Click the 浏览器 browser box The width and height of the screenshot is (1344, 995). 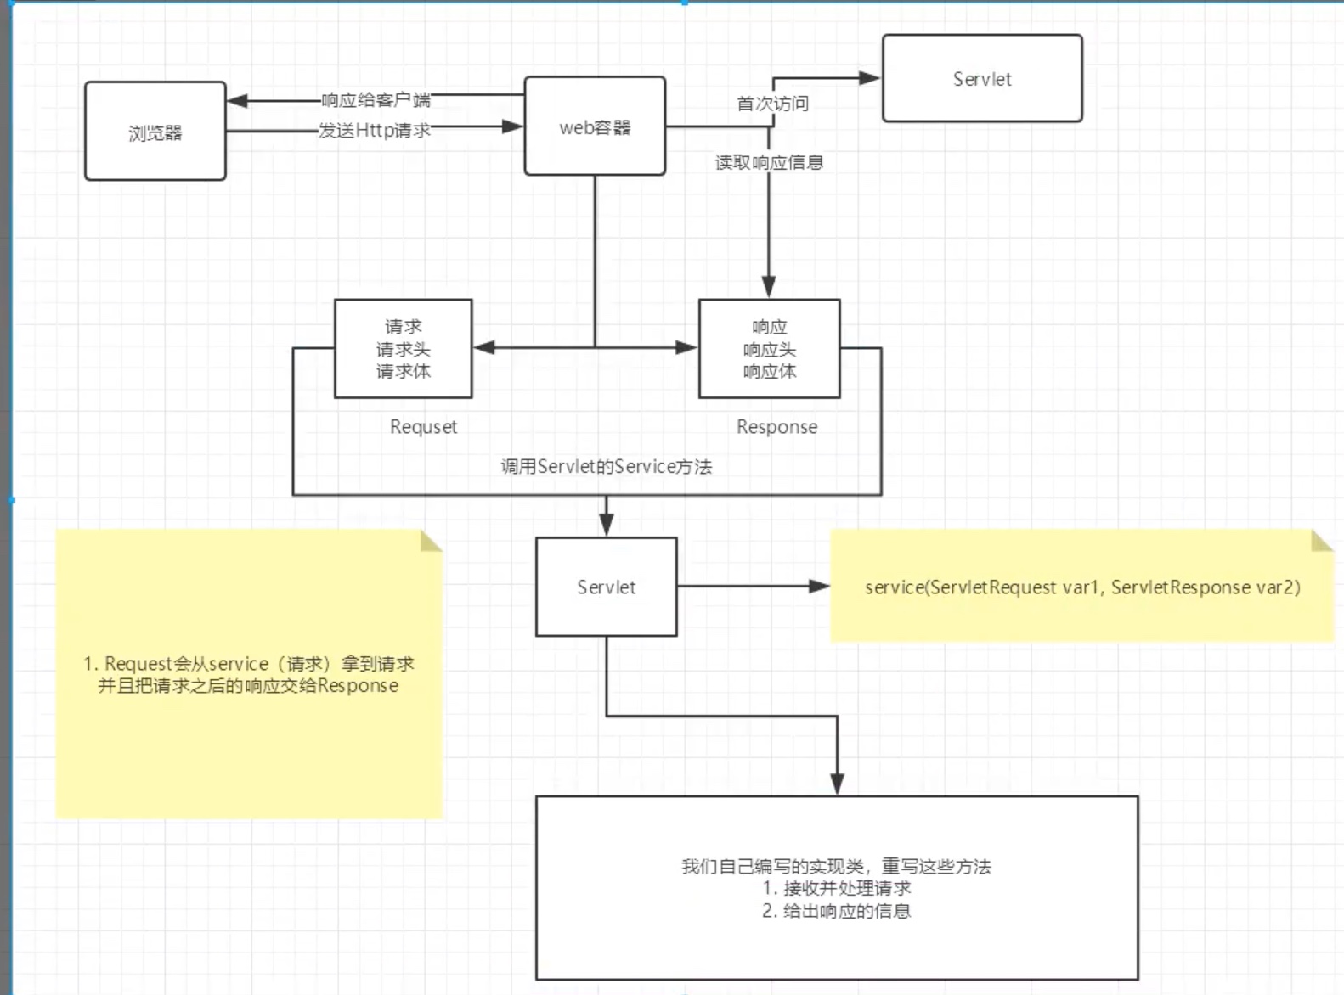155,132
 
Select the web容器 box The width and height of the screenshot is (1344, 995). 595,127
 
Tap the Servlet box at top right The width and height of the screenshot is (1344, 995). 981,79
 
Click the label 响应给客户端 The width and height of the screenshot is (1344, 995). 376,100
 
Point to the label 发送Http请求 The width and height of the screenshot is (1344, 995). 375,130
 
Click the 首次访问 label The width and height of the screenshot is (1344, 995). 772,104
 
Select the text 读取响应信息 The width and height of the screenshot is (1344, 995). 769,162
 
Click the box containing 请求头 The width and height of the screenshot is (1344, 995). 403,349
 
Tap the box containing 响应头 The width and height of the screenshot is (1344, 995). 769,349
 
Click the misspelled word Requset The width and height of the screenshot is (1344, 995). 423,427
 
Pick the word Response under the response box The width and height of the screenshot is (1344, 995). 776,427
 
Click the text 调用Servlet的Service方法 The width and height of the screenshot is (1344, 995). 606,466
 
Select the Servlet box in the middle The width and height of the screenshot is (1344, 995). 606,587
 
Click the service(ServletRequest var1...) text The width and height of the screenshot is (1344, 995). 1082,587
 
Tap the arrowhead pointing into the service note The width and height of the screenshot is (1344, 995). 820,586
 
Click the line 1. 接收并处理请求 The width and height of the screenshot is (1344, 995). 836,888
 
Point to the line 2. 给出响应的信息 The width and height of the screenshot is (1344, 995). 836,911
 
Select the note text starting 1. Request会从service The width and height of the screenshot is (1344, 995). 248,675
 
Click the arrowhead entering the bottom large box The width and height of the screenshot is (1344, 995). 837,785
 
